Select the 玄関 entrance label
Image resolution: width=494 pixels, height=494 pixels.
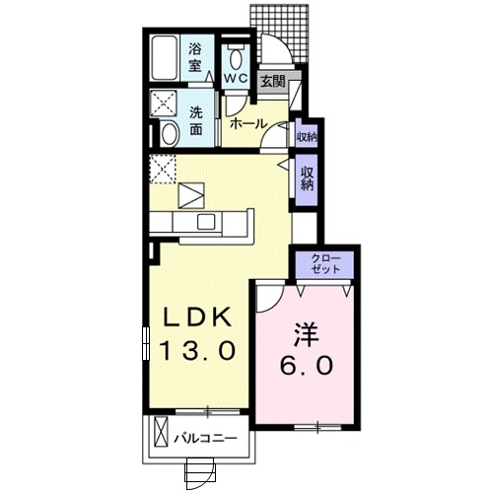coord(272,83)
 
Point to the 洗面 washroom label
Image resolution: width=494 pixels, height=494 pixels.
coord(195,119)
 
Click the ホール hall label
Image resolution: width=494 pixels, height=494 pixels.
coord(248,124)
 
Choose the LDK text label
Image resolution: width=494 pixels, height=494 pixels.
coord(197,318)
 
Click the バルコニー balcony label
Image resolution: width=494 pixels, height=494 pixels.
coord(206,435)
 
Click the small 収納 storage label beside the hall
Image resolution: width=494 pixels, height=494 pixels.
coord(306,137)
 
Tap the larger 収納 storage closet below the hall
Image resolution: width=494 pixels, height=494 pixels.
coord(308,178)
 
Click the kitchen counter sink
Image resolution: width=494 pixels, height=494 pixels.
coord(206,222)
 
